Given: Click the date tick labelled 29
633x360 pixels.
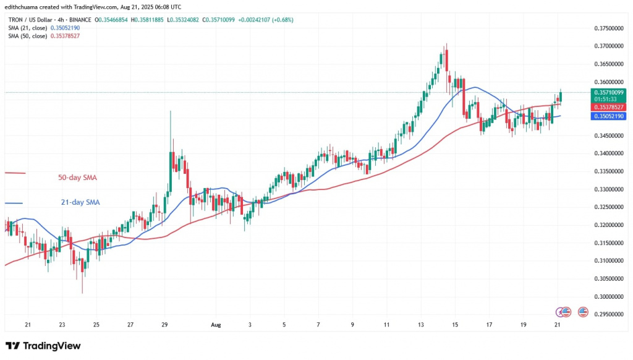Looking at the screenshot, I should click(164, 324).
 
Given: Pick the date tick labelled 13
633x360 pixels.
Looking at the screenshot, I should click(421, 324).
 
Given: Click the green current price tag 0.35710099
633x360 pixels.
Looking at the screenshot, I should click(606, 92).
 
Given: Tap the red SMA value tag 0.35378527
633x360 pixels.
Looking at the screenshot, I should click(606, 107).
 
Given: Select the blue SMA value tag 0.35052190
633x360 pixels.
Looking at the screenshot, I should click(606, 116).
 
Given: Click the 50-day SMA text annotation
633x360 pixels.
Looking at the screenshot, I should click(74, 178).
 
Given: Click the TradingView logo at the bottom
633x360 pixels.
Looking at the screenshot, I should click(43, 346).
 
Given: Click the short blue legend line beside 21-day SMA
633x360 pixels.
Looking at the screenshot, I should click(14, 203).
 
